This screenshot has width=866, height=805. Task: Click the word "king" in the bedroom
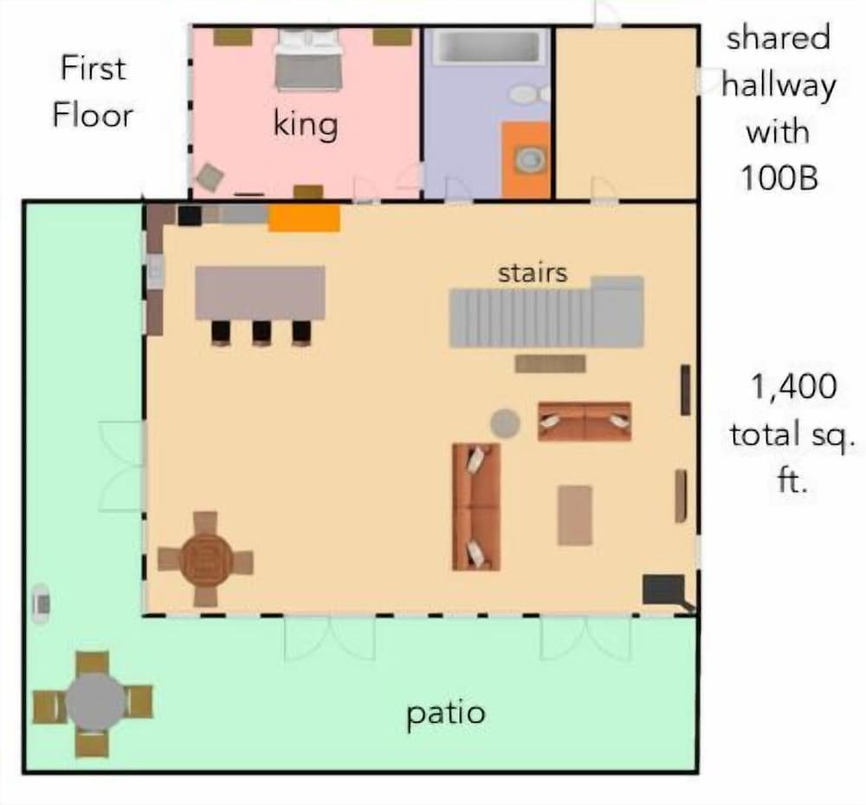coord(306,125)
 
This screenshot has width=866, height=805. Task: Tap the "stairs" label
coord(533,273)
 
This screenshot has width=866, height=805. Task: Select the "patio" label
coord(446,714)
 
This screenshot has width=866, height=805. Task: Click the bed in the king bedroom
coord(308,60)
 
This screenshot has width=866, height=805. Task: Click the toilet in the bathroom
coord(525,93)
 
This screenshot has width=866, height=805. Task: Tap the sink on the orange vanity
coord(527,159)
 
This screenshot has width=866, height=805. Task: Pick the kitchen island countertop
coord(260,293)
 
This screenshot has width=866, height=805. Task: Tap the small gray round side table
coord(505,424)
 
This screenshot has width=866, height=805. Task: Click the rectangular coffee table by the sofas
coord(575,515)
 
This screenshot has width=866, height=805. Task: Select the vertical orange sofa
coord(476,507)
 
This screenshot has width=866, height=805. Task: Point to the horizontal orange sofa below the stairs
coord(585,421)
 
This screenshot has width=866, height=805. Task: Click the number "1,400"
coord(794,387)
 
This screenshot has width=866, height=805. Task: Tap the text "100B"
coord(779,177)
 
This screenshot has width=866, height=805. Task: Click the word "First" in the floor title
coord(93,68)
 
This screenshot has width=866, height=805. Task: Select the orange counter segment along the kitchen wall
coord(303,218)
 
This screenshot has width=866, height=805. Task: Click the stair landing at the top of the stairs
coord(618,311)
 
